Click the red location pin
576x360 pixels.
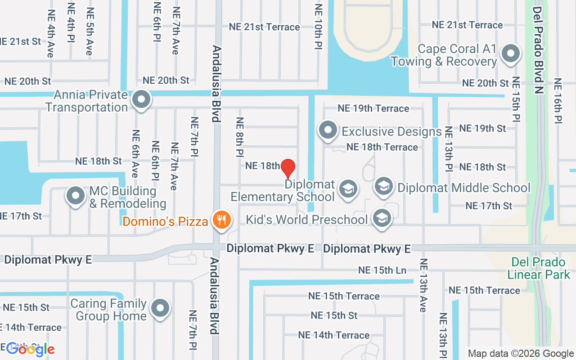pyautogui.click(x=288, y=168)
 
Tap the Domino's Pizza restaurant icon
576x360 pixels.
pyautogui.click(x=221, y=220)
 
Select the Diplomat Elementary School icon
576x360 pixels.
pyautogui.click(x=348, y=189)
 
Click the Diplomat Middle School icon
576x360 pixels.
pyautogui.click(x=384, y=186)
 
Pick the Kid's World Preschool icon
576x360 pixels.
pyautogui.click(x=382, y=218)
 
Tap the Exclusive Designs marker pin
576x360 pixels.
pyautogui.click(x=328, y=130)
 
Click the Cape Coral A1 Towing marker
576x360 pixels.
pyautogui.click(x=510, y=54)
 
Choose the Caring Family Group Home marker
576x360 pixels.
pyautogui.click(x=160, y=309)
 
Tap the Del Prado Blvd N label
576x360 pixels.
pyautogui.click(x=538, y=49)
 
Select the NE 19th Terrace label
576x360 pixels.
pyautogui.click(x=373, y=108)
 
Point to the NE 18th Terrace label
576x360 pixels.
pyautogui.click(x=382, y=147)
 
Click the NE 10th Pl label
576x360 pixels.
pyautogui.click(x=319, y=27)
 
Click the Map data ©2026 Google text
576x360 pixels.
pyautogui.click(x=521, y=354)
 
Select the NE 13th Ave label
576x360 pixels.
pyautogui.click(x=423, y=285)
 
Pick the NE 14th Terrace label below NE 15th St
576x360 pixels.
pyautogui.click(x=334, y=335)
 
